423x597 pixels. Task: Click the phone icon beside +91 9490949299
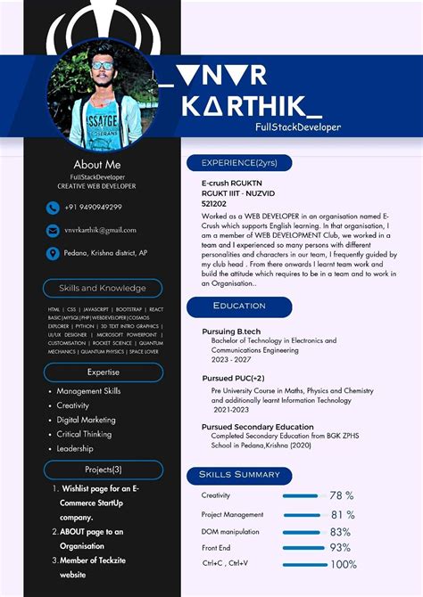tap(54, 208)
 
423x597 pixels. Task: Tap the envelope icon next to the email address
tap(54, 231)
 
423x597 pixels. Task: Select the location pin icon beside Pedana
tap(54, 253)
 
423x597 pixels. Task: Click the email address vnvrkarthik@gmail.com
tap(100, 230)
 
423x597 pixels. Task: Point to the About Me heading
tap(97, 164)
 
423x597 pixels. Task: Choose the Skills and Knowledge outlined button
tap(103, 288)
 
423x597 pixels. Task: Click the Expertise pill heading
tap(103, 372)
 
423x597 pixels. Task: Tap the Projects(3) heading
tap(103, 470)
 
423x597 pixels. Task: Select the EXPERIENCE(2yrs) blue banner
tap(239, 163)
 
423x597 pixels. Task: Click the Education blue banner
tap(239, 306)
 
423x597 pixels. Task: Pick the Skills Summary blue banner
tap(239, 474)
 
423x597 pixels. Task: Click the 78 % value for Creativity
tap(342, 495)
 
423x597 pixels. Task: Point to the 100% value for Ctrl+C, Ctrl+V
tap(343, 564)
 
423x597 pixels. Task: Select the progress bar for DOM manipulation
tap(303, 532)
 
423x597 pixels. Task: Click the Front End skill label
tap(216, 548)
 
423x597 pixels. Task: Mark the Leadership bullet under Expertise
tap(75, 448)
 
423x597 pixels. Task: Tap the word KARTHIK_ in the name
tap(252, 107)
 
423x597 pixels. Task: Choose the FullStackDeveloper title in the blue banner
tap(297, 127)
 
